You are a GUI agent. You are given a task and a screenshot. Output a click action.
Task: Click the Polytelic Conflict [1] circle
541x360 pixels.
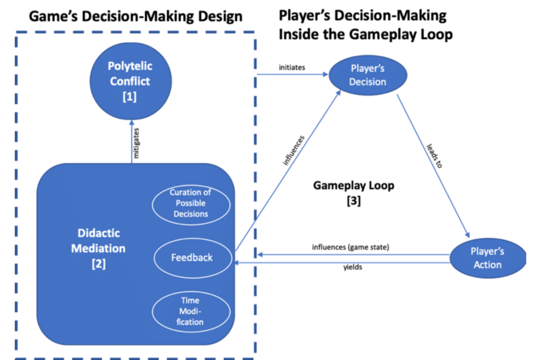(129, 82)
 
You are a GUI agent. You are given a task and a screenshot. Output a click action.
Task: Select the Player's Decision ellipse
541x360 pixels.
(368, 75)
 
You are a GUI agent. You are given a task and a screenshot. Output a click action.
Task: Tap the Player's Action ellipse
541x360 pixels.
(487, 258)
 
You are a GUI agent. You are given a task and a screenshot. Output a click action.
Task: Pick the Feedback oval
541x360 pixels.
(192, 258)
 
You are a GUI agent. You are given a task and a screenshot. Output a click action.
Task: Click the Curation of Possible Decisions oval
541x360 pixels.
(190, 203)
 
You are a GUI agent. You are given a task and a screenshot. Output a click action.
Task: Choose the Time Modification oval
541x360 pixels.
(190, 311)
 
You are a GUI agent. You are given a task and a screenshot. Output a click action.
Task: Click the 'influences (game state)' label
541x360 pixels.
(350, 247)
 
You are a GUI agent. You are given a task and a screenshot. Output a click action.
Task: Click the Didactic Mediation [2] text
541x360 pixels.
(98, 248)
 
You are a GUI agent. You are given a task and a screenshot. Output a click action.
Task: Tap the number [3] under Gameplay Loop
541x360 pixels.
(353, 201)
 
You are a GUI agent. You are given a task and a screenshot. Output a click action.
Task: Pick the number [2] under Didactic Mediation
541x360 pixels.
(98, 263)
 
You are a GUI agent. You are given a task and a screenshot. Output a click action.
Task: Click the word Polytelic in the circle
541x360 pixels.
(130, 67)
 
